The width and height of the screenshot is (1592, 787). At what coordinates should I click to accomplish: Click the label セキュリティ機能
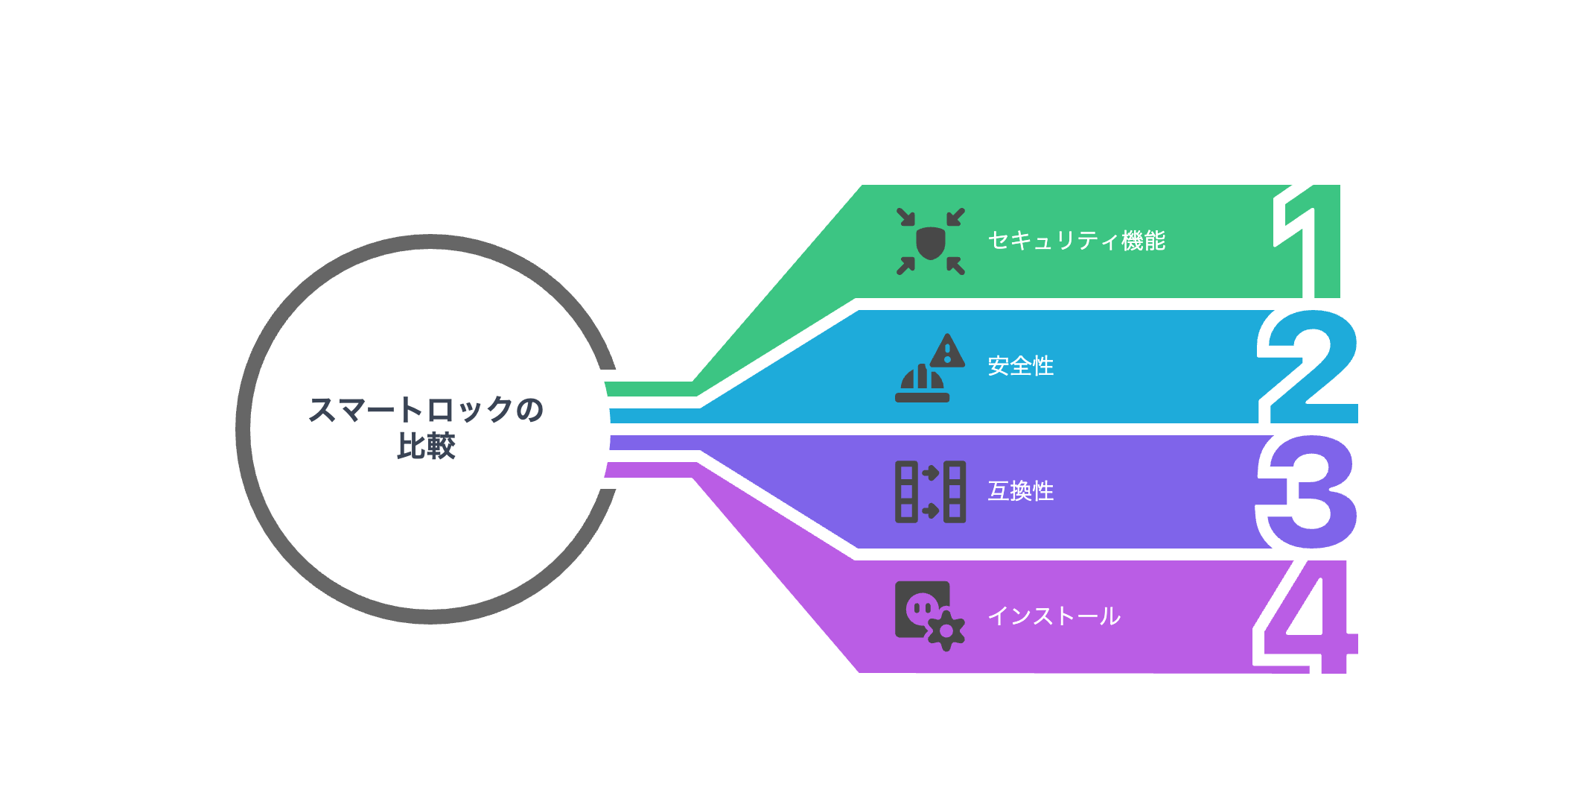coord(1076,241)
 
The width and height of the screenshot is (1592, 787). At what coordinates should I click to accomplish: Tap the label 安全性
coord(1021,366)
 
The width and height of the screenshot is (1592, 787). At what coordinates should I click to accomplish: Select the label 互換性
coord(1021,491)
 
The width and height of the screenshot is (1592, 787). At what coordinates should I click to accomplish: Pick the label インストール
coord(1054,616)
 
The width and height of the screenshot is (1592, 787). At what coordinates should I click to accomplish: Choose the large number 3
coord(1308,492)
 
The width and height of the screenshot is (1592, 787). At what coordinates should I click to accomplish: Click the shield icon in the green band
coord(930,243)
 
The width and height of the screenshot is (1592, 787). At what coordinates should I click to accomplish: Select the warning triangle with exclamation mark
coord(948,350)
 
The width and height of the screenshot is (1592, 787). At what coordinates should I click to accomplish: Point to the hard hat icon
coord(922,384)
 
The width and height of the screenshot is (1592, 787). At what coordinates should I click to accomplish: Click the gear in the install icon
coord(946,631)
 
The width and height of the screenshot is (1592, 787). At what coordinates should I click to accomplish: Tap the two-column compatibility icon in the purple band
coord(930,492)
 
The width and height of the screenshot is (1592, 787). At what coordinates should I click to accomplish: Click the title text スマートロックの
coord(426,410)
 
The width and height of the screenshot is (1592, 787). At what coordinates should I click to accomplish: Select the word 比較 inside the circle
coord(426,446)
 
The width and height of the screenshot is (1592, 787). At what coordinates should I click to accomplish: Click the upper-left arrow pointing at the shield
coord(905,217)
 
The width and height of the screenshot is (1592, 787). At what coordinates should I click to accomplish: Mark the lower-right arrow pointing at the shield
coord(956,266)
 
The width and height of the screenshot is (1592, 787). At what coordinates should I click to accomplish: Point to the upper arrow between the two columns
coord(931,472)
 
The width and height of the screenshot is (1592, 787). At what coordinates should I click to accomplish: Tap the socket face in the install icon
coord(921,608)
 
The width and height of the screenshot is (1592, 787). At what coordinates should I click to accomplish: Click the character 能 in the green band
coord(1155,241)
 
